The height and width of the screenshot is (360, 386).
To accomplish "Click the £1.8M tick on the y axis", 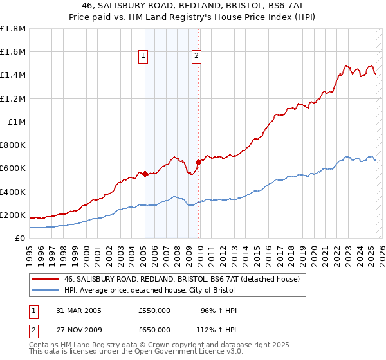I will coord(13,29).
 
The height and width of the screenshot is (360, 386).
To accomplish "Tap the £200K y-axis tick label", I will coord(13,215).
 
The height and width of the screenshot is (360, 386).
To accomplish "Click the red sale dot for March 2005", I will coord(145,174).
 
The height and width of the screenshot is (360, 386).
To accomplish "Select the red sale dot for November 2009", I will coord(198,162).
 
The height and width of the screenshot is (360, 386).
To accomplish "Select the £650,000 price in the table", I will coord(154,330).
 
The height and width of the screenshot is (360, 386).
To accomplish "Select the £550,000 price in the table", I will coord(154,310).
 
